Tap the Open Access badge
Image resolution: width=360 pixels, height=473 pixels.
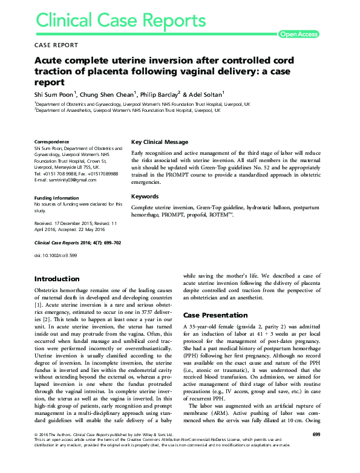[298, 34]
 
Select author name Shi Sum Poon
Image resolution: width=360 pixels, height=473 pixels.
[53, 94]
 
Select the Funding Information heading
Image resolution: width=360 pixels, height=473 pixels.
[57, 198]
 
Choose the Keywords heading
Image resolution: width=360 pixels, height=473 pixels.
[145, 197]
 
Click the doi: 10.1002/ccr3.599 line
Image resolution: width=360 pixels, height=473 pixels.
[56, 254]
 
